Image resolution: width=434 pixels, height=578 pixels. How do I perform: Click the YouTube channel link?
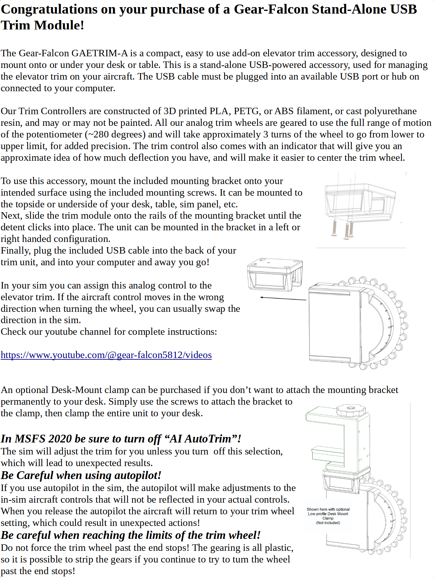pos(106,355)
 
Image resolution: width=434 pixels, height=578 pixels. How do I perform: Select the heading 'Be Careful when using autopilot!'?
pos(81,475)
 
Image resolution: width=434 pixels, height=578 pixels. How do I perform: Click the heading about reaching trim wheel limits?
pos(130,535)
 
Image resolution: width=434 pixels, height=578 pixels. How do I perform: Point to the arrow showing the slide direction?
pos(283,299)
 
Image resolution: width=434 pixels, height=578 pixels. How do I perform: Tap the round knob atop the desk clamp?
pos(351,410)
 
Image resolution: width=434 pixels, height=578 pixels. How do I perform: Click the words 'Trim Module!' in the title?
pos(42,25)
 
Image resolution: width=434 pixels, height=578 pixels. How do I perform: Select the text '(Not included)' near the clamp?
pos(328,523)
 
